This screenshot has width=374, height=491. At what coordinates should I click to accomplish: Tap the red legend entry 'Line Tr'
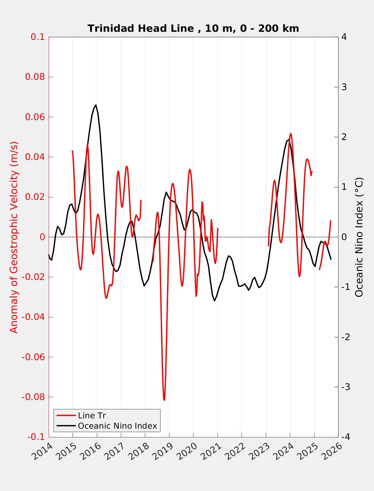(x=92, y=416)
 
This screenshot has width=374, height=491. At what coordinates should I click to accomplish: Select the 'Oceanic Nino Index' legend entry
(x=117, y=426)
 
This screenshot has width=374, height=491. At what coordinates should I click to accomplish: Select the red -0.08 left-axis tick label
(x=33, y=397)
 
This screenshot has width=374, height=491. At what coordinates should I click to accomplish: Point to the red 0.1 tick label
(x=37, y=37)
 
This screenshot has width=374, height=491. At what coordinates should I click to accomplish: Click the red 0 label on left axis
(x=42, y=237)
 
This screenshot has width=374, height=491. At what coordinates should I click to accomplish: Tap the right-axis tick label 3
(x=344, y=87)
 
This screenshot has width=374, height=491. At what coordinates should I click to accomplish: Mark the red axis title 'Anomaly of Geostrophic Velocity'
(x=14, y=237)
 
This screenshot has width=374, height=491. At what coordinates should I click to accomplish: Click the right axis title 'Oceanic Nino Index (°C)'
(x=359, y=237)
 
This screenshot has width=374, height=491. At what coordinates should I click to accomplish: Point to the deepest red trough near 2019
(x=164, y=400)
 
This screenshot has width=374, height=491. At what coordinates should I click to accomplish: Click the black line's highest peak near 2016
(x=96, y=105)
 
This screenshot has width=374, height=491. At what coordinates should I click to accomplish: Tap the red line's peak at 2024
(x=290, y=134)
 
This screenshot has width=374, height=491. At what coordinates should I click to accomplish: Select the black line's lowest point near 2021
(x=214, y=301)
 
